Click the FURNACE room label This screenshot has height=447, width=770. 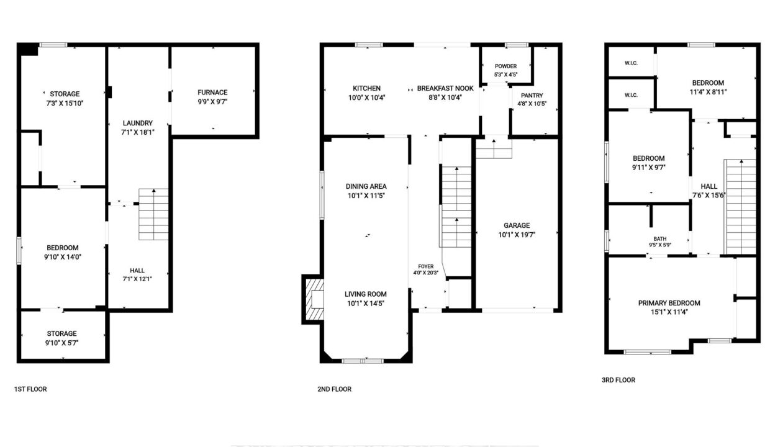pyautogui.click(x=212, y=93)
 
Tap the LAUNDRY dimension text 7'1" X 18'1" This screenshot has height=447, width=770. pyautogui.click(x=137, y=132)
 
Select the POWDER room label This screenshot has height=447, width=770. pyautogui.click(x=505, y=66)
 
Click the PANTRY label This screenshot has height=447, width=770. pyautogui.click(x=532, y=96)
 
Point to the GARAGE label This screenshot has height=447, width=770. pyautogui.click(x=517, y=225)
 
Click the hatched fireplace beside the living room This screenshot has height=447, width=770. pyautogui.click(x=314, y=299)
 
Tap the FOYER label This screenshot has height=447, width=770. pyautogui.click(x=425, y=266)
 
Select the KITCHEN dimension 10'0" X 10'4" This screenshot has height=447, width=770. pyautogui.click(x=366, y=97)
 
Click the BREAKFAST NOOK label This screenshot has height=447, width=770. pyautogui.click(x=445, y=88)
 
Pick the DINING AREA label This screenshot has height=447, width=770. pyautogui.click(x=366, y=186)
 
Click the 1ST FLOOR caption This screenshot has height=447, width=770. pyautogui.click(x=30, y=389)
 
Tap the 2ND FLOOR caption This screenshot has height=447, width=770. pyautogui.click(x=334, y=389)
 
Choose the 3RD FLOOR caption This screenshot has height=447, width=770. pyautogui.click(x=618, y=380)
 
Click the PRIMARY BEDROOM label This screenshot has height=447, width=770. pyautogui.click(x=669, y=303)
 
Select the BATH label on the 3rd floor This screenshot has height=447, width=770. pyautogui.click(x=659, y=239)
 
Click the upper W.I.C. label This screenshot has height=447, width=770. pyautogui.click(x=631, y=63)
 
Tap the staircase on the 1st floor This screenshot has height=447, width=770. pyautogui.click(x=153, y=214)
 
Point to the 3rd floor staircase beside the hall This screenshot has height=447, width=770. pyautogui.click(x=741, y=207)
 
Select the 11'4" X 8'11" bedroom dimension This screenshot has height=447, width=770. pyautogui.click(x=708, y=92)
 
